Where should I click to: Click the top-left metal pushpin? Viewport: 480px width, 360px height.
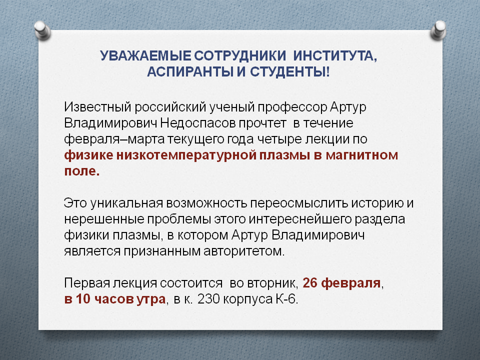42,30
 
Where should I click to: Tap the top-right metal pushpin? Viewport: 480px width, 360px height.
438,30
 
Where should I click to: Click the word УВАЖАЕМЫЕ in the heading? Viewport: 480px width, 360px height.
145,56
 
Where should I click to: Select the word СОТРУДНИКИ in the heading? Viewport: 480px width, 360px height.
240,56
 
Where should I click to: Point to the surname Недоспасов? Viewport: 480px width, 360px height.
198,123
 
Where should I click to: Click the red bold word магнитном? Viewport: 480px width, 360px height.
362,155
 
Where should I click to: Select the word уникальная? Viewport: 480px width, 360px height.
126,203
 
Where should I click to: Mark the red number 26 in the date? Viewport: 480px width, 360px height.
310,283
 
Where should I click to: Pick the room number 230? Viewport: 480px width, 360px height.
208,299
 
